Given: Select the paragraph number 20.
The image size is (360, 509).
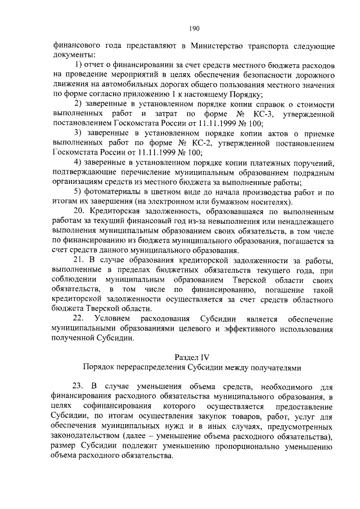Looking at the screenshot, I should click(79, 211).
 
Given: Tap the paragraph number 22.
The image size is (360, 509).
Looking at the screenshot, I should click(79, 319).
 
